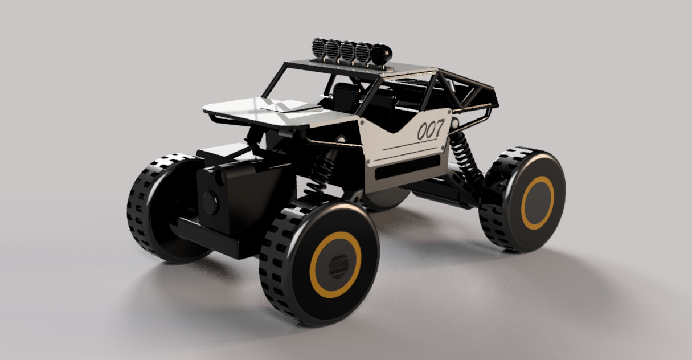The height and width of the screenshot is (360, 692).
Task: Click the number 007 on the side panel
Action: click(430, 130)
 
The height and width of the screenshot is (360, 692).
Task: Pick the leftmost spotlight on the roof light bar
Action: click(319, 48)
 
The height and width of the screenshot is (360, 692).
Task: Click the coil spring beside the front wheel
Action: click(322, 169)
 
